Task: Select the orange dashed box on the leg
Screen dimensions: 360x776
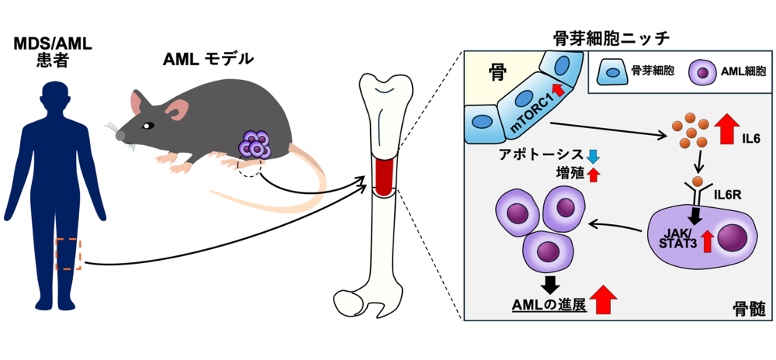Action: coord(68,254)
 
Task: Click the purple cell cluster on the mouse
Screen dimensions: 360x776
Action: coord(255,144)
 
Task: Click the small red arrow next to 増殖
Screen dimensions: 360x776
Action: coord(594,175)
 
